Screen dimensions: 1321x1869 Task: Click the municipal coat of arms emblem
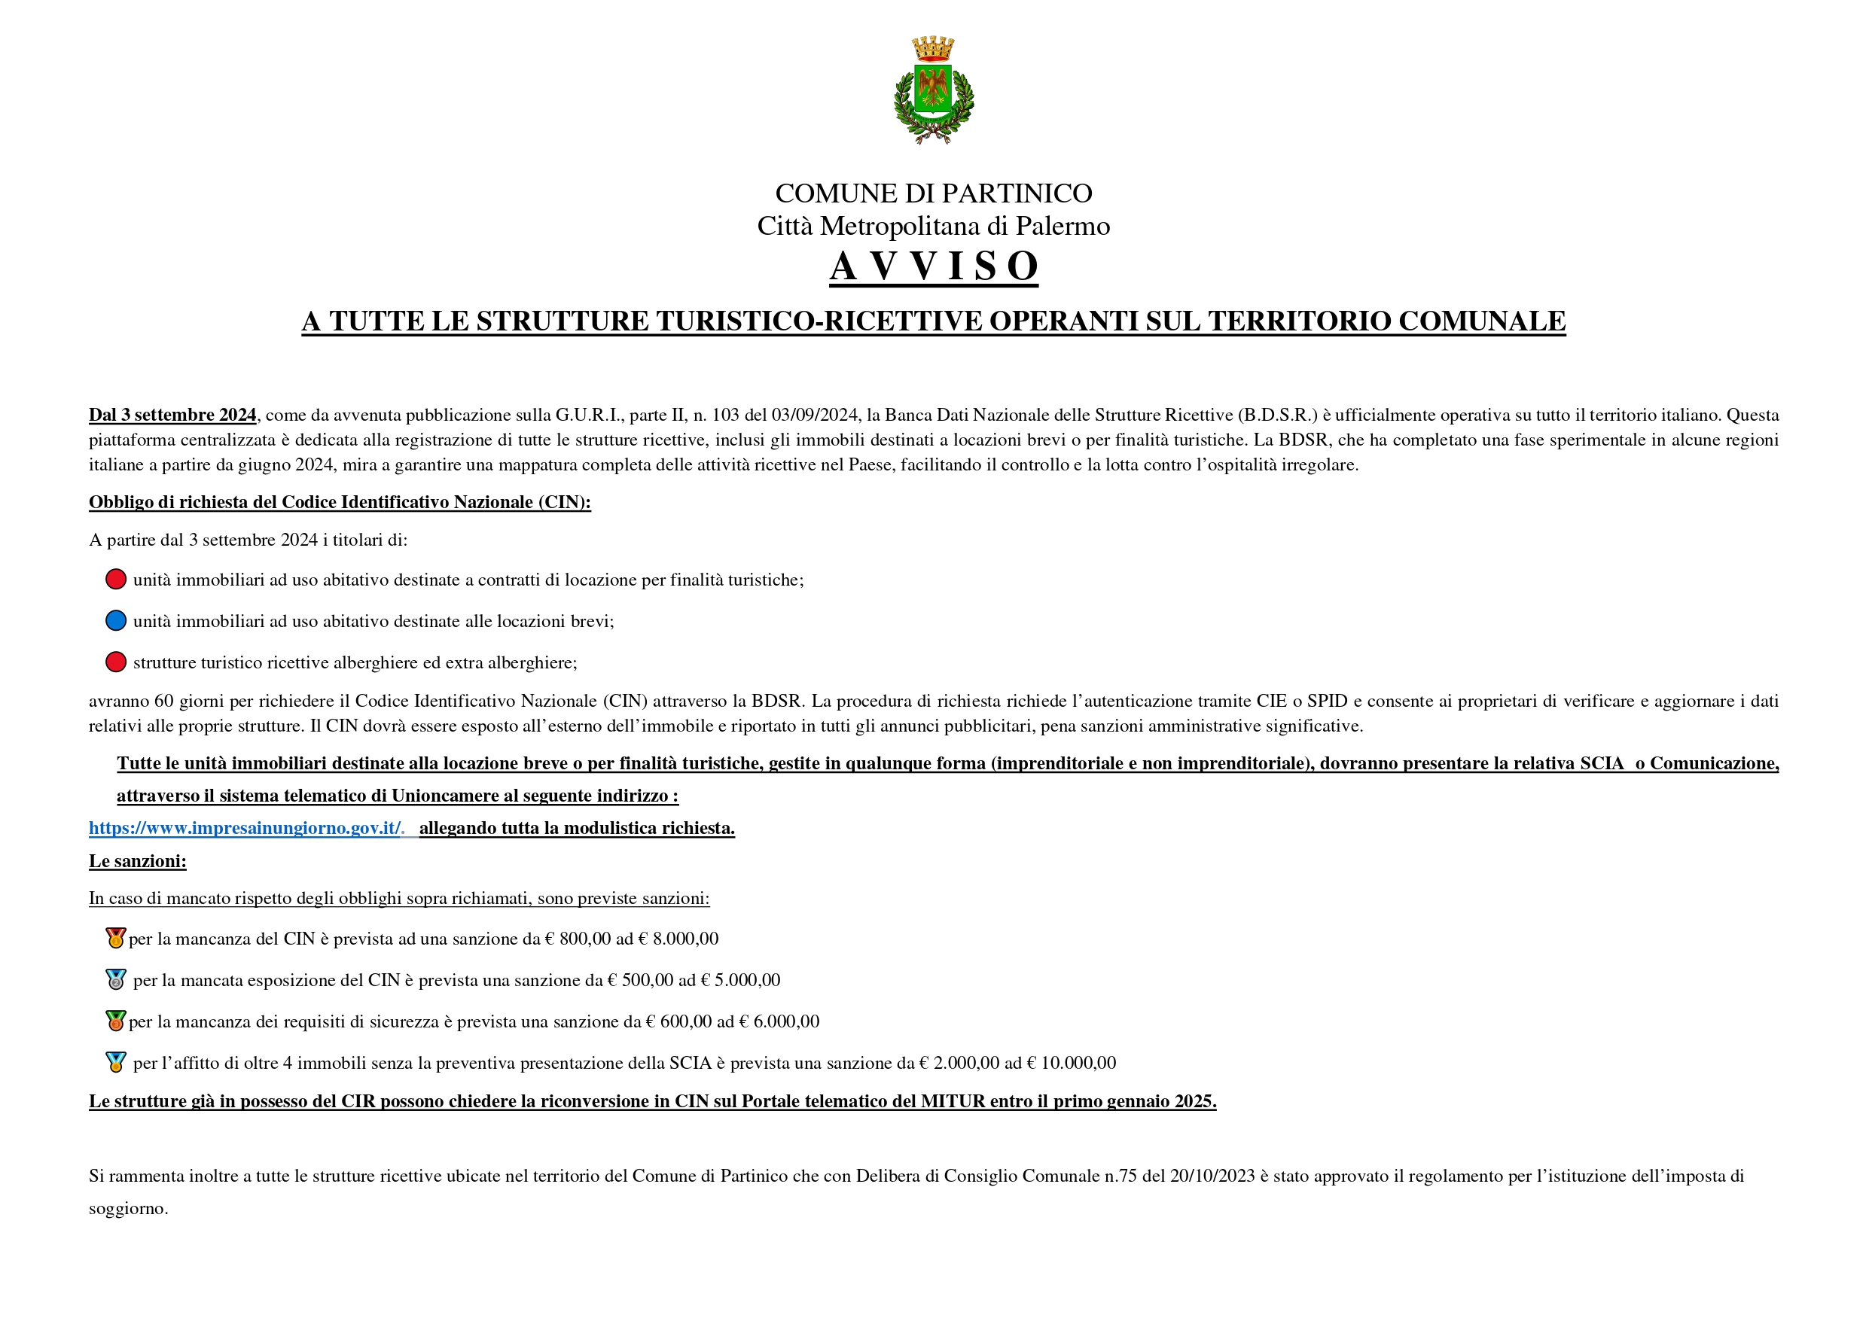[x=934, y=93]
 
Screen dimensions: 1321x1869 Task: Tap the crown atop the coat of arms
[x=933, y=48]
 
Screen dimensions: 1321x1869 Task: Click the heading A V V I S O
[x=934, y=266]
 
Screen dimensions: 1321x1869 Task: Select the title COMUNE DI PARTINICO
[x=934, y=193]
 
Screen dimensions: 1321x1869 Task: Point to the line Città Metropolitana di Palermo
[x=934, y=227]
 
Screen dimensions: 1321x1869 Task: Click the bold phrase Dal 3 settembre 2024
[x=172, y=415]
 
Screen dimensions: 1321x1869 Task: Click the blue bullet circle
[x=116, y=621]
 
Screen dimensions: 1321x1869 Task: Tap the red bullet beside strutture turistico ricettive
[x=116, y=662]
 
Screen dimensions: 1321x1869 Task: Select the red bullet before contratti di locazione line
[x=116, y=580]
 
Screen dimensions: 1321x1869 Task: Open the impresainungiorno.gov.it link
[x=245, y=829]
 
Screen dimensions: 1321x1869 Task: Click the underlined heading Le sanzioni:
[x=138, y=862]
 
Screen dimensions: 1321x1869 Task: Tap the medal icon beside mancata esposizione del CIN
[x=116, y=980]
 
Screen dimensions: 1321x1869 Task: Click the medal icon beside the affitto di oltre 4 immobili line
[x=116, y=1062]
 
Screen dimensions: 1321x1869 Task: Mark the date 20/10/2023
[x=1212, y=1177]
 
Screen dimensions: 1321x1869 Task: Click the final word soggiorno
[x=128, y=1210]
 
